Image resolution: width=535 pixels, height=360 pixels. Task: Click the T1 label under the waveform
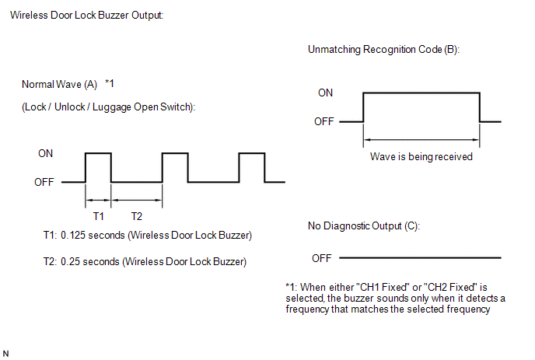[x=98, y=216]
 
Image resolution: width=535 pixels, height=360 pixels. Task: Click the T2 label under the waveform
[x=137, y=216]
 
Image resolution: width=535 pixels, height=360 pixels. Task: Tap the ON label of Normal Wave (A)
[x=45, y=153]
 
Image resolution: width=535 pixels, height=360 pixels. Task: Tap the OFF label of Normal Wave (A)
[x=44, y=182]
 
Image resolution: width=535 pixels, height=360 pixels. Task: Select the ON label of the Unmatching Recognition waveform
[x=325, y=93]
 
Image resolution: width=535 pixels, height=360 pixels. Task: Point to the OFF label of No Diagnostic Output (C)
[x=322, y=258]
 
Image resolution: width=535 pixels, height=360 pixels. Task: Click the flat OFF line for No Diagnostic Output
[x=420, y=257]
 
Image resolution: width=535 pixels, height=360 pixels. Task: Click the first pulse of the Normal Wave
[x=98, y=153]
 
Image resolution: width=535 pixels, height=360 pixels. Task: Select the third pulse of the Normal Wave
[x=252, y=153]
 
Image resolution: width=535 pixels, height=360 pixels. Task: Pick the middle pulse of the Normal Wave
[x=175, y=153]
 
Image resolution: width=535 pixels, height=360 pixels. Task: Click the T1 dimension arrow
[x=98, y=200]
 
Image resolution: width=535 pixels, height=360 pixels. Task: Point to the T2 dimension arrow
[x=137, y=200]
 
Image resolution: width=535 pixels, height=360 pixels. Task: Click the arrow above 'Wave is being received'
[x=421, y=139]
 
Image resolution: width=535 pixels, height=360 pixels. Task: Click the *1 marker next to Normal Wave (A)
[x=109, y=84]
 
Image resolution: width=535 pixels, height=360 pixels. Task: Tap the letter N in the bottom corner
[x=5, y=354]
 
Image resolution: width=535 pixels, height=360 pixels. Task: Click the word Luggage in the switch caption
[x=111, y=107]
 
